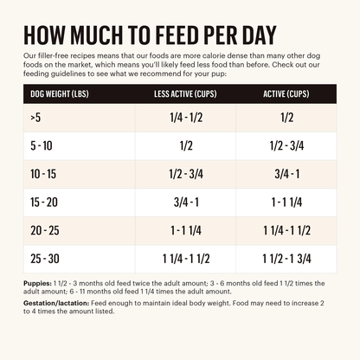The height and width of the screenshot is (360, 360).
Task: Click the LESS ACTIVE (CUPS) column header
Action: pyautogui.click(x=184, y=94)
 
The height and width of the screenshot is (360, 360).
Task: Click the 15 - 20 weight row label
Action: pyautogui.click(x=43, y=203)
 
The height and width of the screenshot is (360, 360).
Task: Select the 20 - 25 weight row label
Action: pyautogui.click(x=44, y=231)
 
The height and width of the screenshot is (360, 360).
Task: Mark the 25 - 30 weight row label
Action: pyautogui.click(x=44, y=259)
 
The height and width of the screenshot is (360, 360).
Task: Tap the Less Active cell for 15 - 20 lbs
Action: pyautogui.click(x=184, y=203)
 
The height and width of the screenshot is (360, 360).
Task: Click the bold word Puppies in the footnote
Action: pyautogui.click(x=38, y=283)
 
